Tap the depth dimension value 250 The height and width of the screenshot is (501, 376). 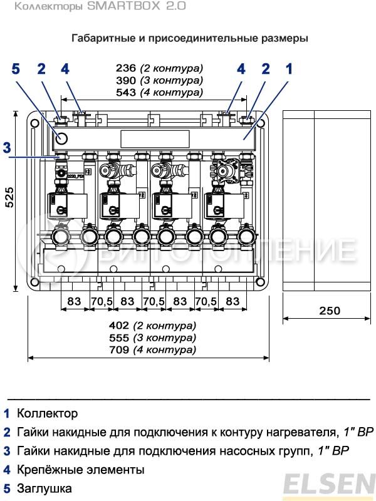[330, 311]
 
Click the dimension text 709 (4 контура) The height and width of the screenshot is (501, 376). [161, 349]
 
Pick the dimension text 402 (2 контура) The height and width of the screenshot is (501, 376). [161, 326]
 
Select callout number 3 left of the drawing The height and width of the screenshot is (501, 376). [6, 148]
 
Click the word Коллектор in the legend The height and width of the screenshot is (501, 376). [48, 414]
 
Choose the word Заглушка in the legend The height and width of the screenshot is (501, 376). [44, 488]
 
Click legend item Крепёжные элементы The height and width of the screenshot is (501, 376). [81, 470]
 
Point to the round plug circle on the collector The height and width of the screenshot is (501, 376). [61, 138]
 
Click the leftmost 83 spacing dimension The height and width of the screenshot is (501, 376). [75, 301]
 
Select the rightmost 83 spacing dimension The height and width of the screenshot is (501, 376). [232, 301]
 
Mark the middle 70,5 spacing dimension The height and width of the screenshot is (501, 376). [154, 301]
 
